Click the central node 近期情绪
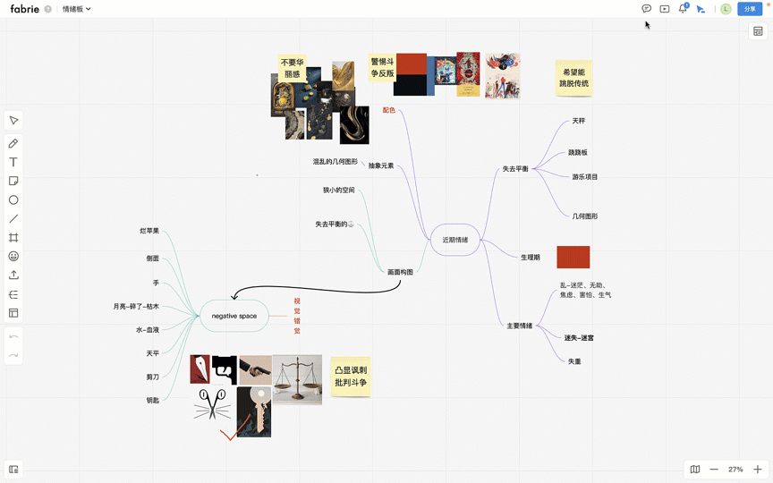click(454, 240)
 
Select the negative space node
click(234, 316)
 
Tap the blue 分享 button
click(750, 9)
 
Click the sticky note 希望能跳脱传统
click(573, 78)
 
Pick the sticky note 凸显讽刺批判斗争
click(351, 376)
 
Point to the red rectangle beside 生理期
click(573, 257)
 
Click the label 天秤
click(578, 121)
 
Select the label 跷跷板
click(578, 153)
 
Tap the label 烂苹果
click(149, 231)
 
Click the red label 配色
click(388, 110)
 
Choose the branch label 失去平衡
click(515, 169)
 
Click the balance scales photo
click(297, 379)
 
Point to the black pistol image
click(224, 369)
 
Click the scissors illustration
click(212, 404)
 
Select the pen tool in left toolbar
click(13, 143)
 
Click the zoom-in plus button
click(757, 469)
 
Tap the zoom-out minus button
click(714, 469)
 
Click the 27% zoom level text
click(735, 469)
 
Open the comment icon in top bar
click(646, 9)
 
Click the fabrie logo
click(24, 9)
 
